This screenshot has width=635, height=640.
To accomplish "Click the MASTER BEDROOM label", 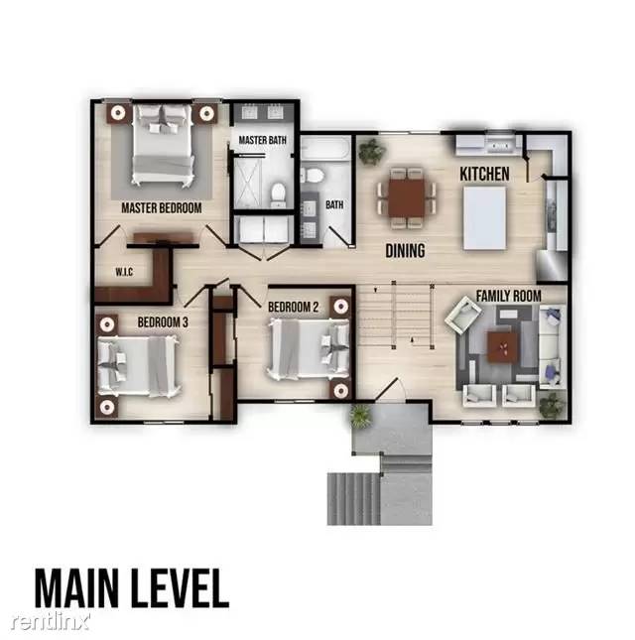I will pyautogui.click(x=161, y=208).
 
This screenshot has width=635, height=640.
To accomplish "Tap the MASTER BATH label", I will pyautogui.click(x=263, y=141).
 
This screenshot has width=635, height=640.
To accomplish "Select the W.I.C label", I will pyautogui.click(x=125, y=271).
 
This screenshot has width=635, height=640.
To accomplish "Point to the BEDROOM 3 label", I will pyautogui.click(x=163, y=321).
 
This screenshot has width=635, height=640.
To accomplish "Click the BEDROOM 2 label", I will pyautogui.click(x=294, y=308).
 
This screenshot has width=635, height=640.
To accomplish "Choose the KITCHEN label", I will pyautogui.click(x=484, y=175).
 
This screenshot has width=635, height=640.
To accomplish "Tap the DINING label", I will pyautogui.click(x=405, y=251).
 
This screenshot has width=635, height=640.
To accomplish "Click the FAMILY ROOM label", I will pyautogui.click(x=507, y=296).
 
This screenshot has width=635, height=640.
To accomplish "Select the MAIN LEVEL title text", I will pyautogui.click(x=132, y=587).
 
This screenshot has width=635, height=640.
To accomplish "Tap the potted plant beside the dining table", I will pyautogui.click(x=371, y=152).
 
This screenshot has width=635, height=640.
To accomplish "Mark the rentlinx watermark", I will pyautogui.click(x=51, y=621).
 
